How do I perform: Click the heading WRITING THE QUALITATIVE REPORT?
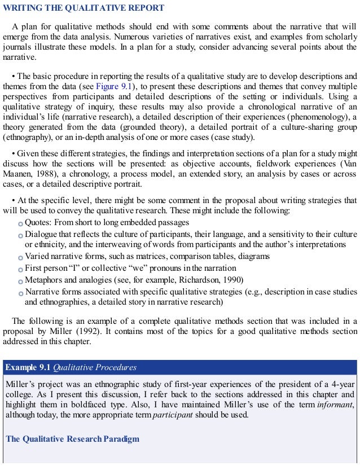point(84,8)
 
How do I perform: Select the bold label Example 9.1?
point(28,367)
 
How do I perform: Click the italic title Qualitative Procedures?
point(95,367)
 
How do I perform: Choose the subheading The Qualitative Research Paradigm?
point(72,439)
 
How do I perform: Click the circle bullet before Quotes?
point(20,223)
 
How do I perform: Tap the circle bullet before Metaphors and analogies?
point(20,280)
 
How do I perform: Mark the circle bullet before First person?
point(20,269)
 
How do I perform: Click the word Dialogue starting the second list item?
point(41,234)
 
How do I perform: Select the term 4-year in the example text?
point(343,384)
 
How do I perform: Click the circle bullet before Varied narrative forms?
point(20,257)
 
